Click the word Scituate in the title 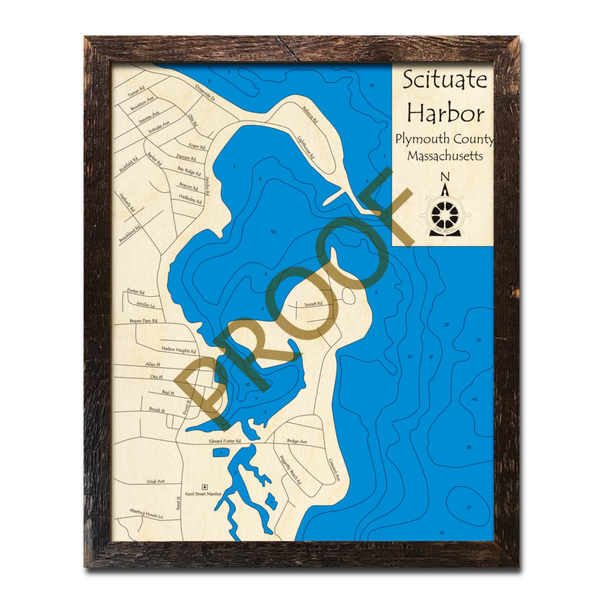coord(445,79)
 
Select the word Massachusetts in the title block coord(445,157)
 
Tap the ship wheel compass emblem coord(445,216)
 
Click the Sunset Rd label coord(313,304)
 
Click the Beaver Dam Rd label coord(143,321)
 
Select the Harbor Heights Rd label coord(178,351)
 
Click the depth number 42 coord(475,399)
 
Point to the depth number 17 coord(468,507)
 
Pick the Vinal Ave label coord(155,481)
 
